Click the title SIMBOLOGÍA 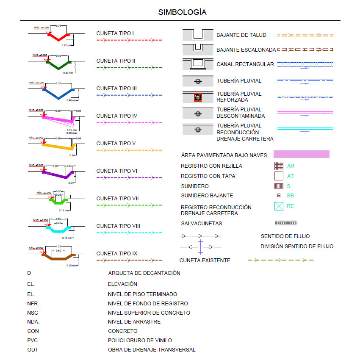(182, 12)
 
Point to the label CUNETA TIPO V (116, 144)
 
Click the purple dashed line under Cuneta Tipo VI (130, 177)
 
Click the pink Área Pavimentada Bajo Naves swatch (301, 154)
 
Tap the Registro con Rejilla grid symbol (279, 166)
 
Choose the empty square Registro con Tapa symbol (279, 176)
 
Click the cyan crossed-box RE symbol (279, 206)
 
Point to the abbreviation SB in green (290, 196)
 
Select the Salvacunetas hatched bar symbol (286, 223)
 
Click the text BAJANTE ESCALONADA (246, 50)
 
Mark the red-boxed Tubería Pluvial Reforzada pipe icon (197, 98)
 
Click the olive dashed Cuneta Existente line (280, 260)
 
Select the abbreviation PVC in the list (33, 340)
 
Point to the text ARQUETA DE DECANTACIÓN (144, 273)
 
